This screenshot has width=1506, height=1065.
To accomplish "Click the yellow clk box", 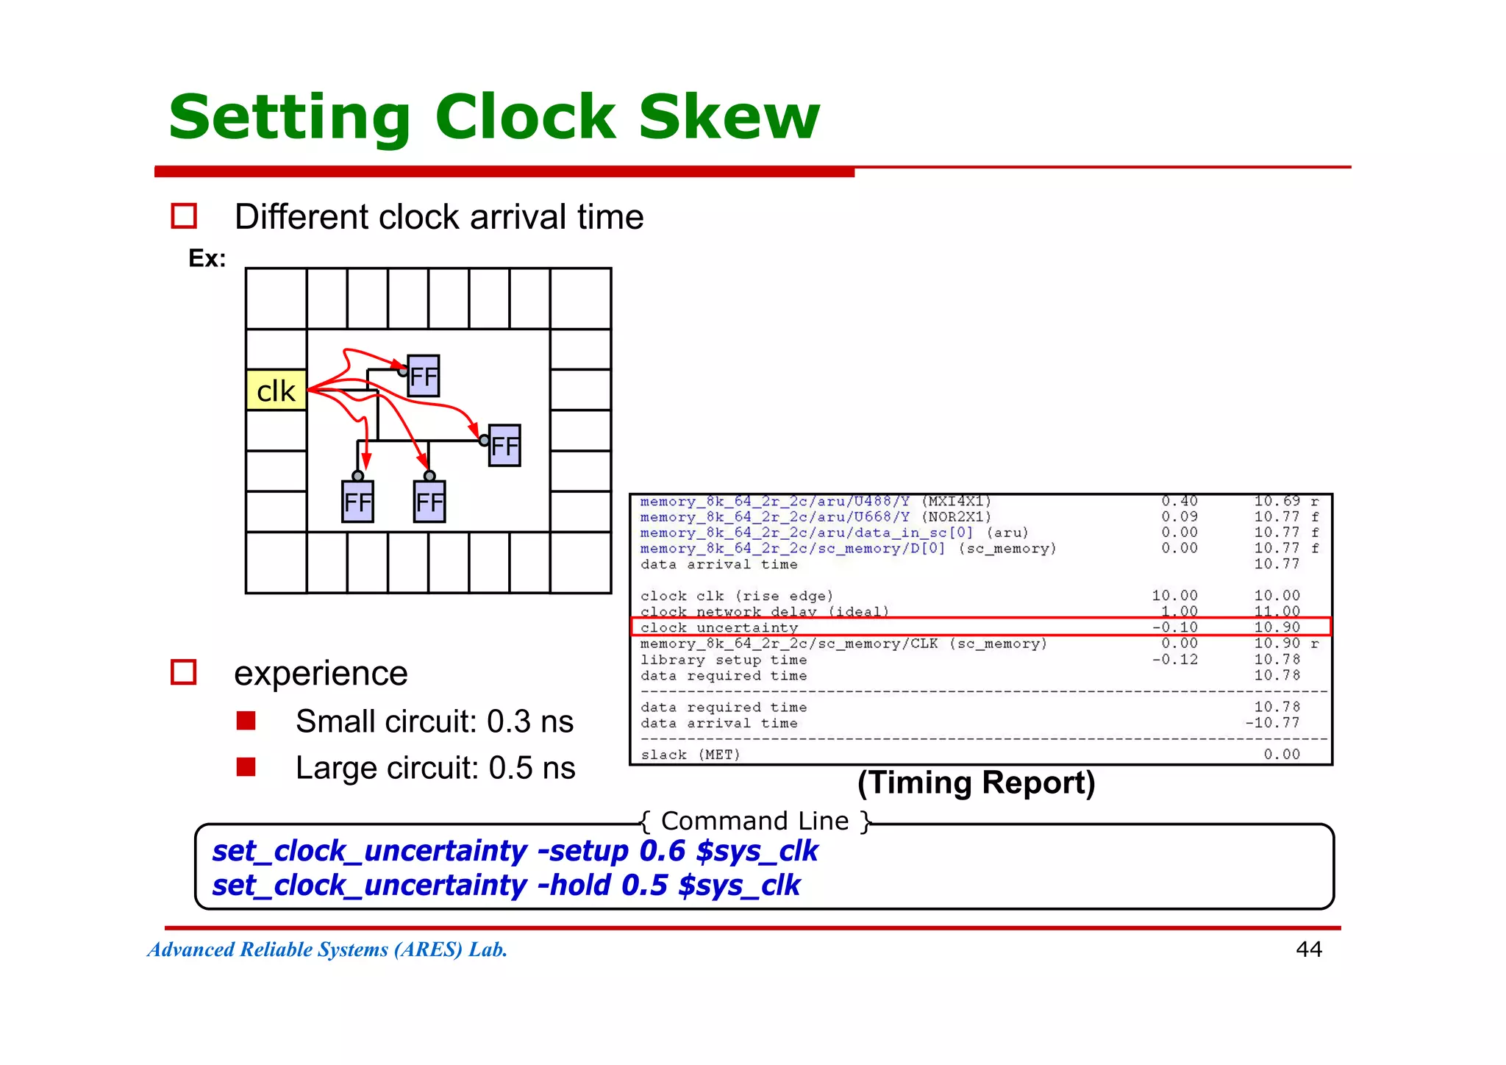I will (276, 390).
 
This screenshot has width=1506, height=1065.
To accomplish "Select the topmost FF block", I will (424, 376).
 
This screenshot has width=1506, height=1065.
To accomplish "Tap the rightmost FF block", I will (504, 446).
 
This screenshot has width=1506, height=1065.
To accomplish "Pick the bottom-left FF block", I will (358, 502).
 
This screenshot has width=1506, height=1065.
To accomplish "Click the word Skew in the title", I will (729, 117).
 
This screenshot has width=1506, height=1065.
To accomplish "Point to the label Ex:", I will (207, 258).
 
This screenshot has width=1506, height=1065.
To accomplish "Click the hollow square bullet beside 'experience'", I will (184, 672).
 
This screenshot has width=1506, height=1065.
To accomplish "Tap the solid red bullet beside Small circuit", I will (246, 721).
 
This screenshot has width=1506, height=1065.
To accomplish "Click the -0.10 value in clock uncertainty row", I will (1175, 627).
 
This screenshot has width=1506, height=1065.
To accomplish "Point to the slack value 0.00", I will (1282, 754).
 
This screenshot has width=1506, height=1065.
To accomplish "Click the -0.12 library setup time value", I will (1175, 660).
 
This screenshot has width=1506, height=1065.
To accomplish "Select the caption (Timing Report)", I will (976, 783).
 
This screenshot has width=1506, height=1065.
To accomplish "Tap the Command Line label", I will (755, 821).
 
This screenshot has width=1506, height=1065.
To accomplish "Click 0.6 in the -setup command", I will (662, 851).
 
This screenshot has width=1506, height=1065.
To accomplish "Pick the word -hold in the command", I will (574, 886).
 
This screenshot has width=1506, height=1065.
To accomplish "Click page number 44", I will (1308, 950).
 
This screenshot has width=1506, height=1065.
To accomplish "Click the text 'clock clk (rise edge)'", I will (737, 596).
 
